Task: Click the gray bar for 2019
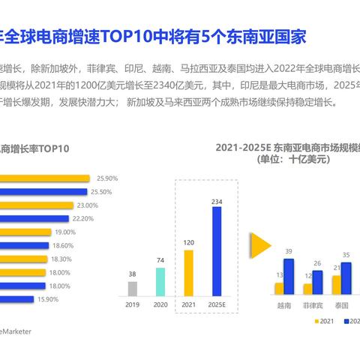click(133, 288)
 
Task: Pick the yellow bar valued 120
click(188, 272)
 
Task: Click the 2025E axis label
click(216, 305)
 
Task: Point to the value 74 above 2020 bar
click(160, 260)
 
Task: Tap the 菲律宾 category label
click(313, 305)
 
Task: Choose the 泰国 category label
click(341, 305)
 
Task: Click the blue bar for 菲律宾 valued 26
click(317, 282)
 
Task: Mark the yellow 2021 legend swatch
click(317, 320)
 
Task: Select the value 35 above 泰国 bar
click(346, 255)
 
